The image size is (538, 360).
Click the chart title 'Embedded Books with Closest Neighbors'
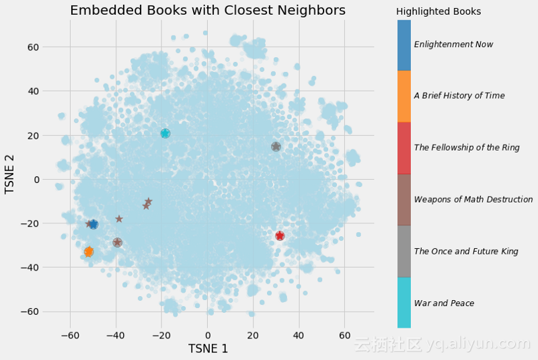click(207, 10)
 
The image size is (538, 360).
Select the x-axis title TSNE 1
click(207, 349)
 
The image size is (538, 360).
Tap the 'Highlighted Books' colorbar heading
click(438, 12)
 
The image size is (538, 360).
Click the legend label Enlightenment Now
click(453, 44)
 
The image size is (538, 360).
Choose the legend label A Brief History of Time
click(459, 96)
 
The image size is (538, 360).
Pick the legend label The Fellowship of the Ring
click(467, 147)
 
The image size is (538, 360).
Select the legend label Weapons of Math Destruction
click(473, 199)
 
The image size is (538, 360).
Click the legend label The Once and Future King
click(466, 251)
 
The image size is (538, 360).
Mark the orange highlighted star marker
click(89, 252)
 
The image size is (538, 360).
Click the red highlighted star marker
click(280, 236)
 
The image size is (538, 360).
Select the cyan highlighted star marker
click(165, 133)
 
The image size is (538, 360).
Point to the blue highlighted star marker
click(93, 224)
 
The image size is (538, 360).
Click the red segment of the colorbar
click(404, 147)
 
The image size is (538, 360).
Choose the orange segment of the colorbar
click(404, 96)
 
